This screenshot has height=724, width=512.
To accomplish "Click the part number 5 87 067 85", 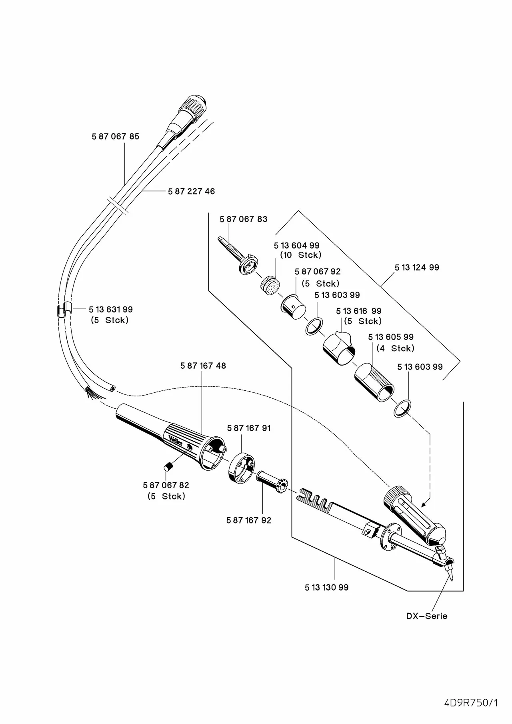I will tap(115, 136).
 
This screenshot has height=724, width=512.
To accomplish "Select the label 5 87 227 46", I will tap(191, 191).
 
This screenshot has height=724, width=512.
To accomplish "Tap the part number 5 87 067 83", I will tap(243, 219).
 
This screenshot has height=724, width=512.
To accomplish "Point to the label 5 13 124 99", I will tap(416, 267).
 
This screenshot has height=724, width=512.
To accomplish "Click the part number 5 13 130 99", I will tap(326, 587).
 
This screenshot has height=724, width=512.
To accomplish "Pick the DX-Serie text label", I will tap(427, 616).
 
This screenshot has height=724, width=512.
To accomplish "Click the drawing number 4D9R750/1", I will tap(471, 692).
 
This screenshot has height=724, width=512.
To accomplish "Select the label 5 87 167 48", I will tap(203, 366).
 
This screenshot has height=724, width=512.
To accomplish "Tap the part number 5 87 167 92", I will tap(248, 520).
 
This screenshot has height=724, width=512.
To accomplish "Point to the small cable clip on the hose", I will tap(68, 308).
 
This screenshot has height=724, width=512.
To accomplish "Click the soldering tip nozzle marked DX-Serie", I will tap(450, 573).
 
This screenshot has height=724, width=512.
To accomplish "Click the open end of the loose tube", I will tap(113, 388).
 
